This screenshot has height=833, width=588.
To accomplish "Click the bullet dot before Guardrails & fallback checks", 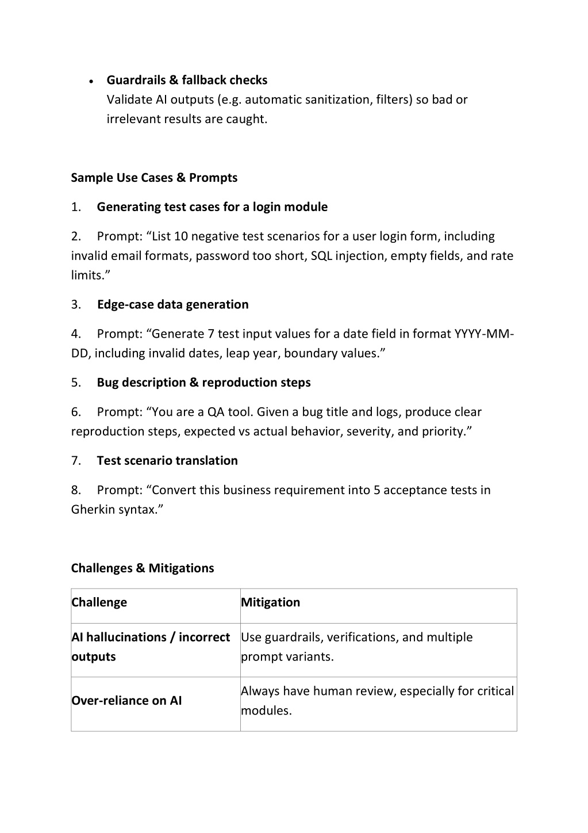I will (92, 82).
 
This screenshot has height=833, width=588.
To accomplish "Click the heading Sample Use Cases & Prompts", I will (154, 178).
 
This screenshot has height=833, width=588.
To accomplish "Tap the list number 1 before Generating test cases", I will (76, 207).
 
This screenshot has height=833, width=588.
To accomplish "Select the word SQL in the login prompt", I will (321, 256).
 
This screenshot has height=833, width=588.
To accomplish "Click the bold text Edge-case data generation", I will (172, 305).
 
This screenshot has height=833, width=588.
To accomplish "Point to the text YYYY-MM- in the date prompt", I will (484, 334).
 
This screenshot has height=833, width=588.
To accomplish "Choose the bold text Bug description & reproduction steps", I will (203, 383).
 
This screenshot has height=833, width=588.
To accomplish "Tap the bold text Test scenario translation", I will (167, 461).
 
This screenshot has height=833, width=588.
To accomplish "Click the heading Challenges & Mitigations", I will (143, 568).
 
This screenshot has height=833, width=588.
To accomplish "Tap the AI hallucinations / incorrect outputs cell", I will (155, 647).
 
